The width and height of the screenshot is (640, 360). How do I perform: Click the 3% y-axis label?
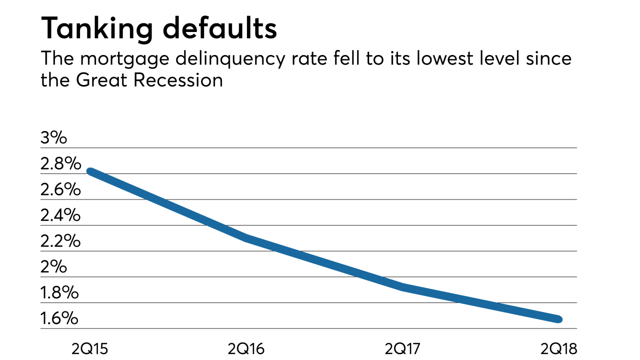(x=53, y=138)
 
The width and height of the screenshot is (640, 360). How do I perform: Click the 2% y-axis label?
(x=53, y=267)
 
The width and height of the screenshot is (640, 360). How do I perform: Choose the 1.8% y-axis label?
(x=59, y=292)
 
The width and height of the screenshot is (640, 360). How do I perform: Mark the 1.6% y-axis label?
(x=59, y=318)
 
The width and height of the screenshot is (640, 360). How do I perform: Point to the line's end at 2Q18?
(x=559, y=319)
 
